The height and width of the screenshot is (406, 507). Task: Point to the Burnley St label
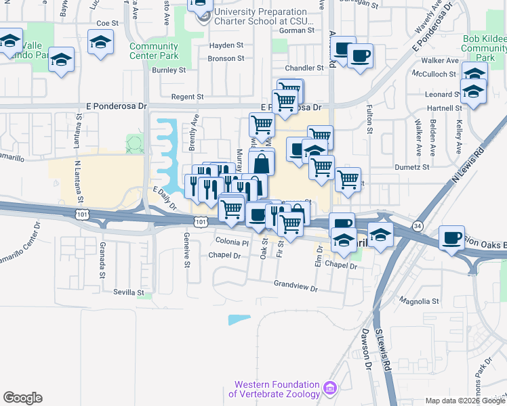[169, 70]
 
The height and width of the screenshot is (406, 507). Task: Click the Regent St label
[187, 97]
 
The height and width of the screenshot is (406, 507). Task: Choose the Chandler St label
[304, 68]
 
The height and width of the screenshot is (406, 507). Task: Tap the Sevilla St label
[128, 293]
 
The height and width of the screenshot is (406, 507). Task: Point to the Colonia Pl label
[232, 242]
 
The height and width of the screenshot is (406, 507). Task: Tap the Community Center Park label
[154, 51]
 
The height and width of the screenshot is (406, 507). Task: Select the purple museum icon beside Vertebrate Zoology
[330, 388]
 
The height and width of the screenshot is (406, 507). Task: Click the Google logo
[22, 398]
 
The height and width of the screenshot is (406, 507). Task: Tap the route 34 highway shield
[418, 225]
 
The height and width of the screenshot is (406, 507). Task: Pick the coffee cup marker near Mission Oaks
[451, 238]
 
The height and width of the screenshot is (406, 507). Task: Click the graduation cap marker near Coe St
[100, 42]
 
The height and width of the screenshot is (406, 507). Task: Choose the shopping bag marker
[261, 162]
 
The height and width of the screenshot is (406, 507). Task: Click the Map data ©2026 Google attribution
[464, 401]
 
